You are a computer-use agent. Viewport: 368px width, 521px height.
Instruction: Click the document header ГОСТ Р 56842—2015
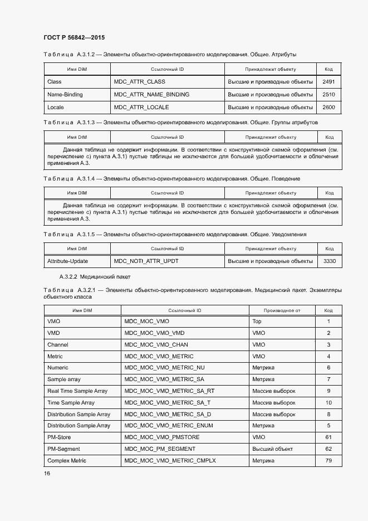[x=74, y=38]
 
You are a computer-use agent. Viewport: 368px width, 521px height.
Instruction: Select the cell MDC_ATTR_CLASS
[x=136, y=82]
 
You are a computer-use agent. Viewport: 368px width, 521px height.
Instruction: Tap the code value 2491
[x=328, y=82]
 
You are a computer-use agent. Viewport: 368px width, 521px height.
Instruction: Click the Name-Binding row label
[x=65, y=95]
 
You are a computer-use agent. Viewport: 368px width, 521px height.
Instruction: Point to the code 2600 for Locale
[x=328, y=107]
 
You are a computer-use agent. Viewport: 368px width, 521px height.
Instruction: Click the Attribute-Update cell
[x=67, y=261]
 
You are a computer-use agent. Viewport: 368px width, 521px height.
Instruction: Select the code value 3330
[x=329, y=261]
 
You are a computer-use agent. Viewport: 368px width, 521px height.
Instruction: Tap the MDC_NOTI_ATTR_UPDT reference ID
[x=146, y=261]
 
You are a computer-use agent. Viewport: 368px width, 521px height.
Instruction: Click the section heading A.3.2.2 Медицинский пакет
[x=95, y=277]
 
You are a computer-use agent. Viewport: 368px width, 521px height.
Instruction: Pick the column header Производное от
[x=282, y=310]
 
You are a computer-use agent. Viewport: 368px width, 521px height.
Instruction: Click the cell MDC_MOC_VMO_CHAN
[x=156, y=345]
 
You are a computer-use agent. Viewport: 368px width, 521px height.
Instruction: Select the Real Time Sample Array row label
[x=77, y=391]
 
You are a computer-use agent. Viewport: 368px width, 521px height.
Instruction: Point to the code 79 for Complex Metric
[x=328, y=461]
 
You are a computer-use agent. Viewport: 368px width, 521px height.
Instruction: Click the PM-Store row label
[x=60, y=437]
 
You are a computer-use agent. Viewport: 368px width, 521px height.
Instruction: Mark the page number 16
[x=47, y=474]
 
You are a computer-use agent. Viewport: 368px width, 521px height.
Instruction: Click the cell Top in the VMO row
[x=257, y=322]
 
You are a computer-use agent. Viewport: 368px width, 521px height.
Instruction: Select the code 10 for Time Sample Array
[x=328, y=403]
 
